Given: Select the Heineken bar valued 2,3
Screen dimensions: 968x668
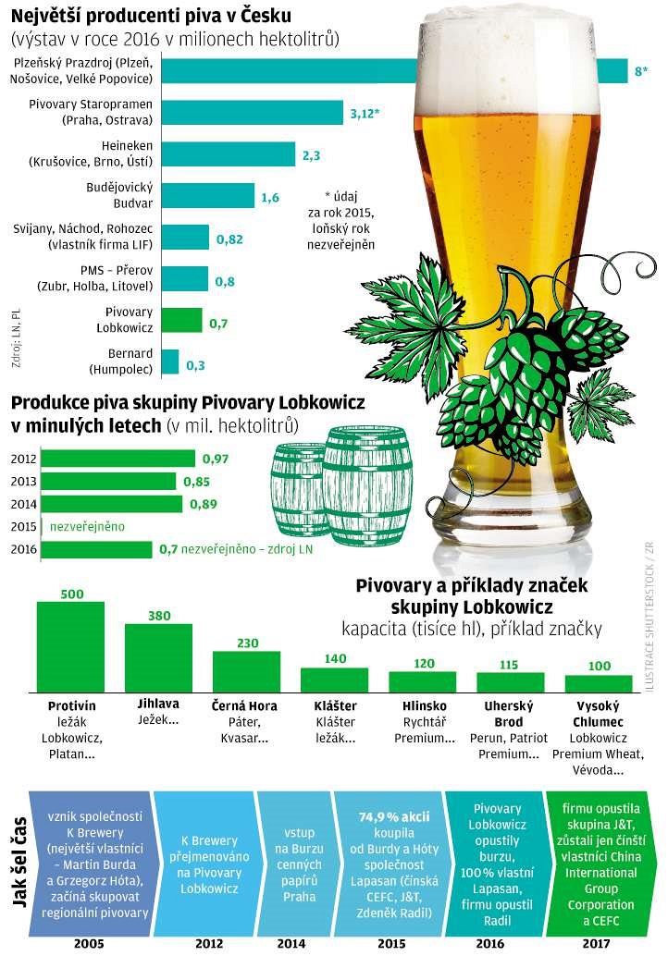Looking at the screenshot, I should coord(229,154).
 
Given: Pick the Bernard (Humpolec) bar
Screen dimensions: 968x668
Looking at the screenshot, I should coord(170,361).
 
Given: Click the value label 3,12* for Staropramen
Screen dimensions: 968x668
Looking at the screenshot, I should coord(365,114).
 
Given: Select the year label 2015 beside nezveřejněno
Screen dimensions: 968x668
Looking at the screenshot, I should coord(23,526).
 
